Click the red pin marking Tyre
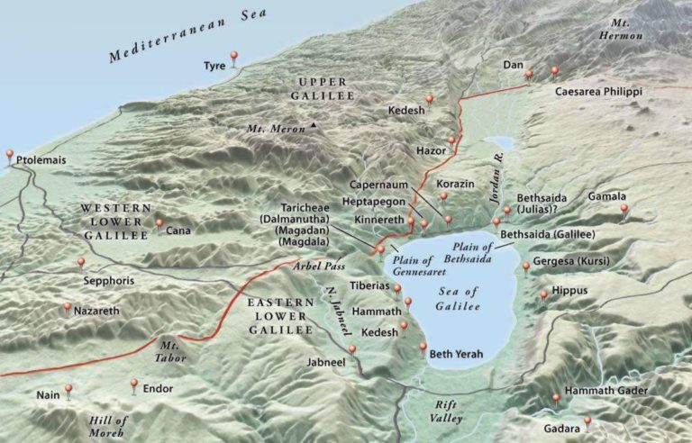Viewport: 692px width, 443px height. tap(234, 58)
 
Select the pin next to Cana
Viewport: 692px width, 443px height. tap(159, 224)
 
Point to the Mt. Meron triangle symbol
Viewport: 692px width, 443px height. tap(313, 125)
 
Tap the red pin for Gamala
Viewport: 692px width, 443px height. tap(624, 211)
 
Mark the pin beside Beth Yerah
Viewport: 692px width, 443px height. tap(423, 348)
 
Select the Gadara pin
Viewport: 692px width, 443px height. tap(587, 421)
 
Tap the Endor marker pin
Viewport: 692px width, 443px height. tap(133, 384)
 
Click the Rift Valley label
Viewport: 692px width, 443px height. tap(445, 411)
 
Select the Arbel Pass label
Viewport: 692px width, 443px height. tap(314, 267)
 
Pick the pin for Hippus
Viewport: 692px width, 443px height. tap(542, 294)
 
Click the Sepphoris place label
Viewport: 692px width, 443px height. tap(108, 280)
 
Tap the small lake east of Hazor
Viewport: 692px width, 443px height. tap(498, 142)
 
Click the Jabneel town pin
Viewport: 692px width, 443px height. tap(352, 350)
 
